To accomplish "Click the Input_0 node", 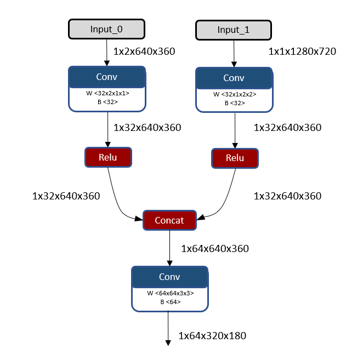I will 107,29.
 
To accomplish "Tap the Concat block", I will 169,220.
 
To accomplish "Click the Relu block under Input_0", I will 108,157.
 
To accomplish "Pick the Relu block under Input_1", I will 235,158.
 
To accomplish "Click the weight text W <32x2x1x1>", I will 107,93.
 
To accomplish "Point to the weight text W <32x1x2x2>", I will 234,94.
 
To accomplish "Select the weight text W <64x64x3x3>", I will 170,293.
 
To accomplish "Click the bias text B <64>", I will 170,302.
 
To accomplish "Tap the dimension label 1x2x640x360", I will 144,52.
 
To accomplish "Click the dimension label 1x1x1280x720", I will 302,52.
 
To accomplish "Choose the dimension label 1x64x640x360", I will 214,248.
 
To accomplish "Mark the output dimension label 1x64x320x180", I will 212,335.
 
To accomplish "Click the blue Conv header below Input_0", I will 107,77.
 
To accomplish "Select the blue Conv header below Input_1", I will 234,78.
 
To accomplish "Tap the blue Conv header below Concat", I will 170,277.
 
